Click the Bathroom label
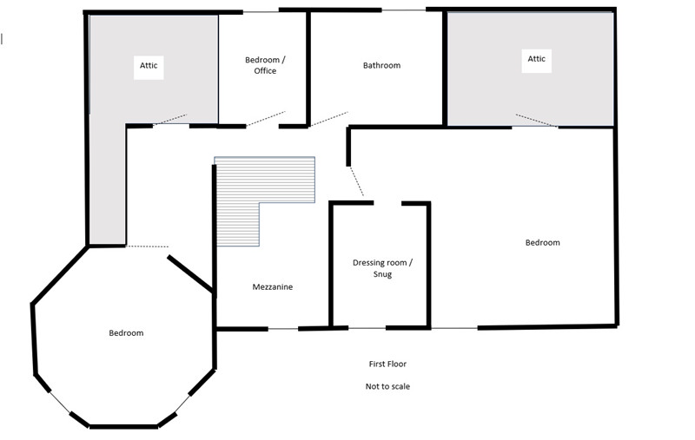coord(381,65)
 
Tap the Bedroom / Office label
coord(265,65)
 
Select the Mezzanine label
coord(273,287)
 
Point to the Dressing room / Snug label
coord(382,268)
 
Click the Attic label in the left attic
coord(149,65)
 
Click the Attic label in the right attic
coord(536,59)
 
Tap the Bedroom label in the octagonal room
coord(126,333)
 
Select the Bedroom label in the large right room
coord(542,243)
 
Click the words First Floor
coord(387,364)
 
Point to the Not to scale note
coord(387,386)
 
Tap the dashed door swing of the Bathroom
coord(329,119)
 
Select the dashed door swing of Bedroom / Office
coord(266,119)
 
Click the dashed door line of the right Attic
coord(536,121)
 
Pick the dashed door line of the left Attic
coord(170,120)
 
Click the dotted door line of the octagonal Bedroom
coord(148,246)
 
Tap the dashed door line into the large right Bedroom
coord(356,181)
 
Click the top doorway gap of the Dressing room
coord(387,203)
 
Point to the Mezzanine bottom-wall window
coord(283,329)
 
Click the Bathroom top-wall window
coord(404,10)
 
